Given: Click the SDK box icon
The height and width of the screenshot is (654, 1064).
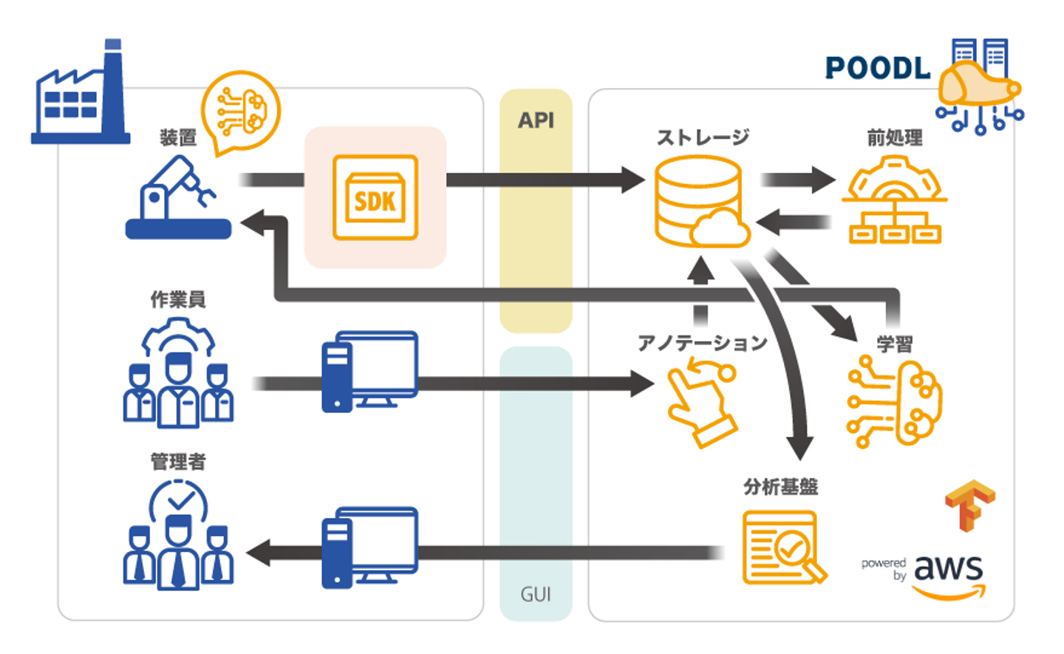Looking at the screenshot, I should pyautogui.click(x=375, y=197).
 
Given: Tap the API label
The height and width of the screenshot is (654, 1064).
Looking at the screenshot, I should pyautogui.click(x=536, y=120).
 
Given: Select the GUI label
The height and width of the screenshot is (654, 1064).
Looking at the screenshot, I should pyautogui.click(x=536, y=594).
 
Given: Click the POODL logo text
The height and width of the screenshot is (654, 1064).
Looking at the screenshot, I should pyautogui.click(x=878, y=69).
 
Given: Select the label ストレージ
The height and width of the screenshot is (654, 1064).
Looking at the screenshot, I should pyautogui.click(x=703, y=137).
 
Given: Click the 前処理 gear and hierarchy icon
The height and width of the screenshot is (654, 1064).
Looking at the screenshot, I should pyautogui.click(x=894, y=202).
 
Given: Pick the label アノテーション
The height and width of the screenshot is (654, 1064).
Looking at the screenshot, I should pyautogui.click(x=703, y=343).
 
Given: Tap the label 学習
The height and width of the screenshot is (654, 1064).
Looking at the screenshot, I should pyautogui.click(x=894, y=344).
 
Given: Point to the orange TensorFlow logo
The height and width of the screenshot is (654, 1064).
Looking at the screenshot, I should pyautogui.click(x=969, y=505).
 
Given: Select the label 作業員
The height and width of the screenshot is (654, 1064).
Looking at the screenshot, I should pyautogui.click(x=178, y=299).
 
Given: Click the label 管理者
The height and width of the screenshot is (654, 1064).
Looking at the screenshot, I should pyautogui.click(x=178, y=462).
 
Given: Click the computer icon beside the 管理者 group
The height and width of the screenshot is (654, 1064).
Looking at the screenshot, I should pyautogui.click(x=370, y=548).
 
